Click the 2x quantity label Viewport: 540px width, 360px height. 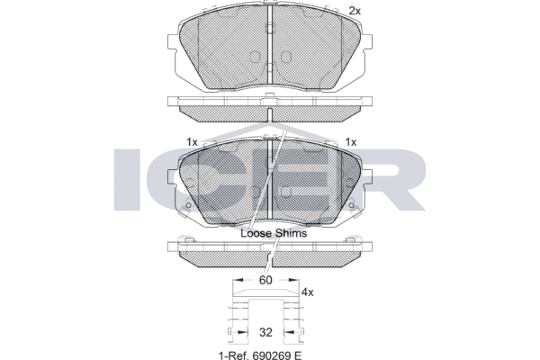pyautogui.click(x=355, y=11)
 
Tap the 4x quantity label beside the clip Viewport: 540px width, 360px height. pyautogui.click(x=308, y=292)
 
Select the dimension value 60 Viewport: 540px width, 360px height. pyautogui.click(x=265, y=281)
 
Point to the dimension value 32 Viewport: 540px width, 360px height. pyautogui.click(x=265, y=332)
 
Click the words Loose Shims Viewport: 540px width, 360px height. pyautogui.click(x=274, y=233)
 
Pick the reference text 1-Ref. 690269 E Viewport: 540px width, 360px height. pyautogui.click(x=260, y=355)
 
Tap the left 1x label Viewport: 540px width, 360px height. pyautogui.click(x=192, y=142)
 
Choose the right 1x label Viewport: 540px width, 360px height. pyautogui.click(x=351, y=142)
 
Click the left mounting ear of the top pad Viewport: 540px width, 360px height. pyautogui.click(x=172, y=42)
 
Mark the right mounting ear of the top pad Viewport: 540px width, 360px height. pyautogui.click(x=367, y=42)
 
